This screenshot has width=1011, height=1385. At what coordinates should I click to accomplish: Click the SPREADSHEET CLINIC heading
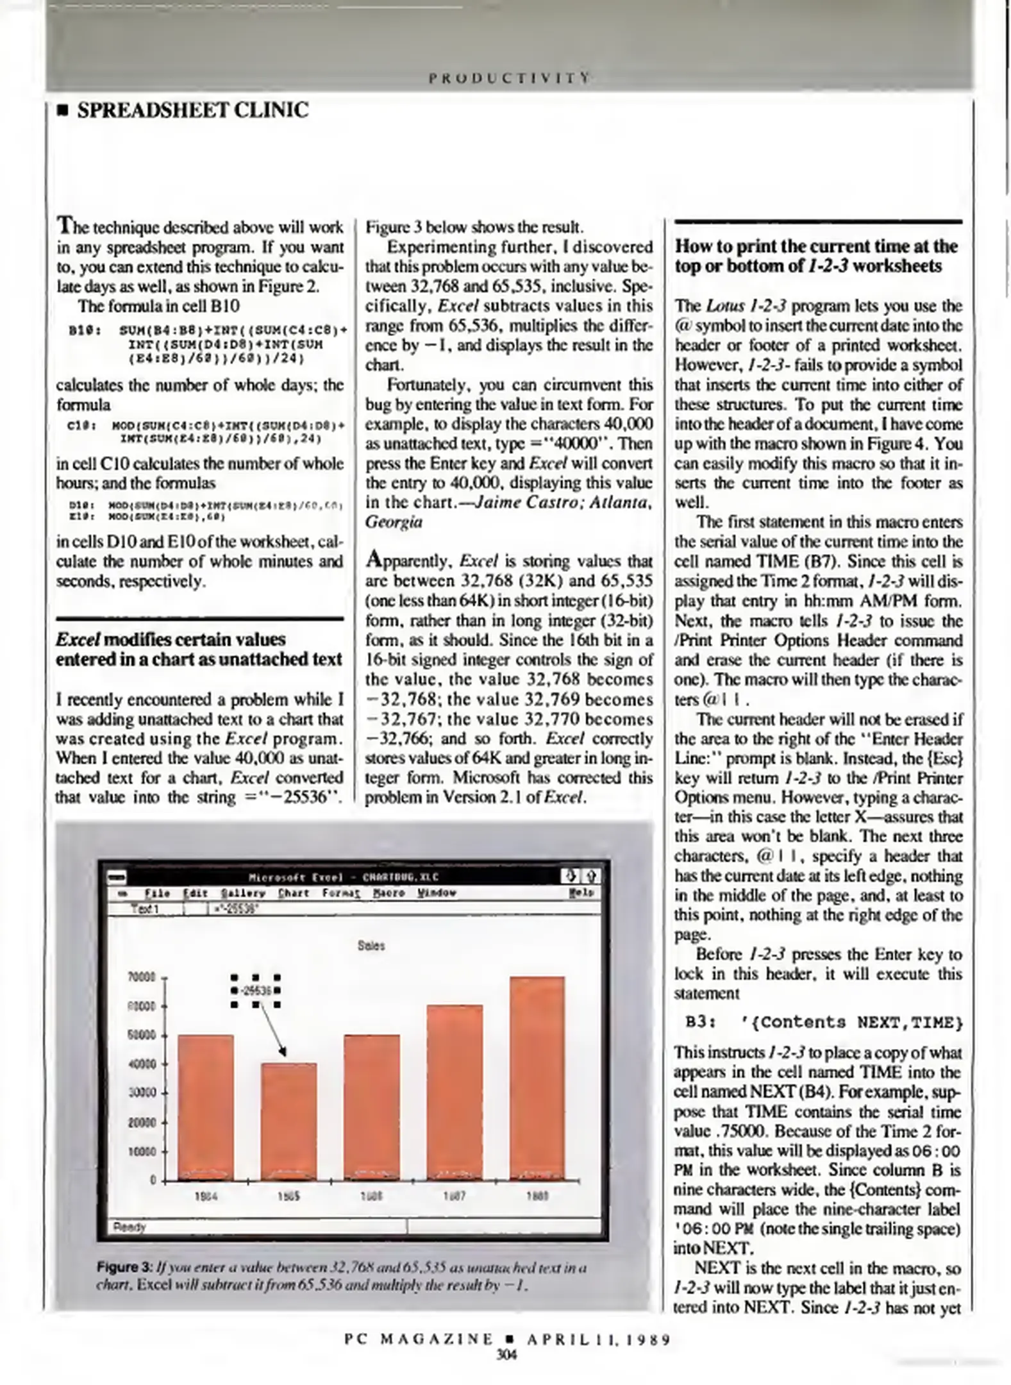pyautogui.click(x=192, y=110)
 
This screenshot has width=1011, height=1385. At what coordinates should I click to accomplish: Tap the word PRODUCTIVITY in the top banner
pyautogui.click(x=509, y=78)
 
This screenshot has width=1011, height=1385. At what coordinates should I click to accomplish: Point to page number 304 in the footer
pyautogui.click(x=506, y=1354)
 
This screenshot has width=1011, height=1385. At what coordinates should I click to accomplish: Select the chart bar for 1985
pyautogui.click(x=288, y=1121)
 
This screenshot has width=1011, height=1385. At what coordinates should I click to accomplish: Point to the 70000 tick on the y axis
pyautogui.click(x=142, y=978)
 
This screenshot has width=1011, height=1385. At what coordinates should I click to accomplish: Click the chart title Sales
pyautogui.click(x=371, y=946)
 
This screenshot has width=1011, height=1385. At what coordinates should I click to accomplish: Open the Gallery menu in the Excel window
pyautogui.click(x=243, y=893)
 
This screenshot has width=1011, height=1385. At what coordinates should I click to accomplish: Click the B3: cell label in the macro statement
pyautogui.click(x=698, y=1022)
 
